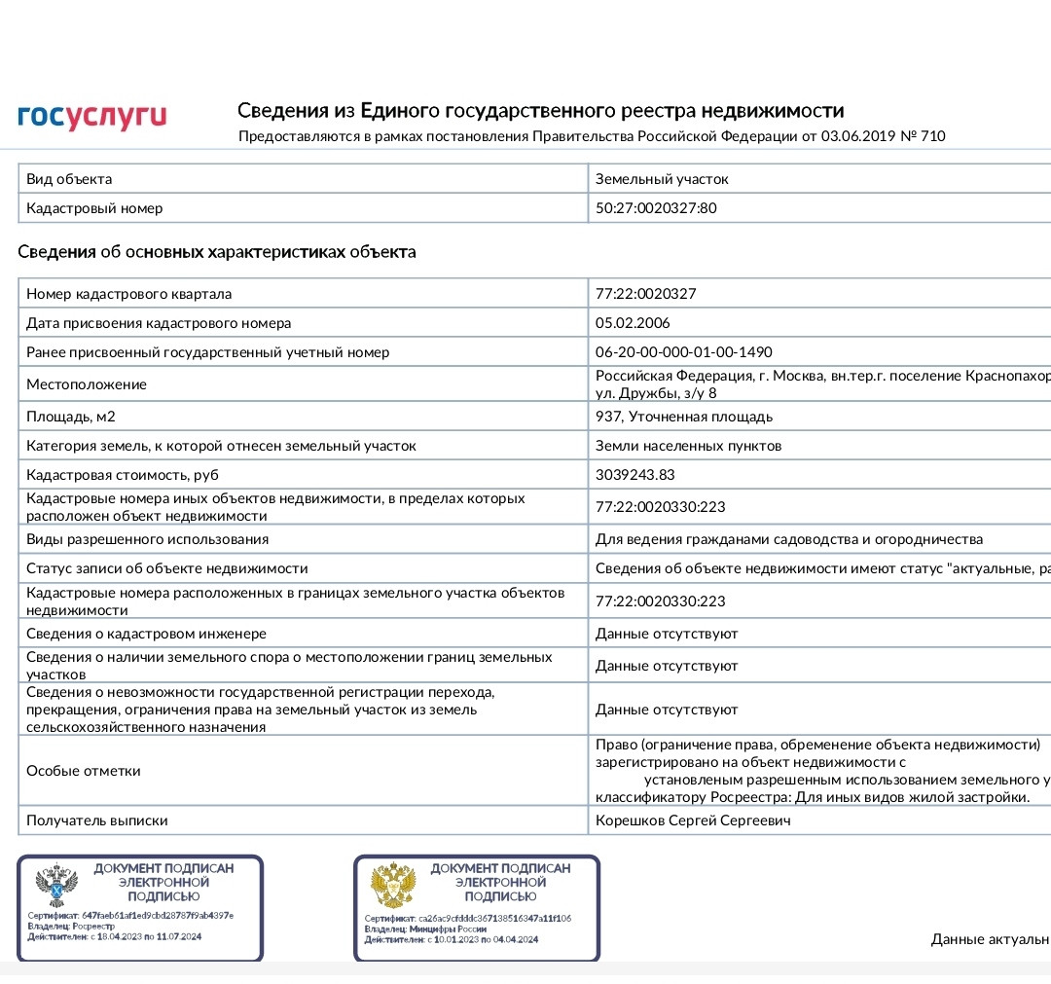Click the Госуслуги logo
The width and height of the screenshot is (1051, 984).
tap(92, 117)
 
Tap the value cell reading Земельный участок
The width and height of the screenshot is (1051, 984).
tap(662, 179)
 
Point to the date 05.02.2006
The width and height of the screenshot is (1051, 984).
tap(633, 323)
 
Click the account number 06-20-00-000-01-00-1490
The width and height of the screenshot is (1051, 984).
tap(683, 352)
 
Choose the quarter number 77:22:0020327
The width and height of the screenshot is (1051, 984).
tap(646, 294)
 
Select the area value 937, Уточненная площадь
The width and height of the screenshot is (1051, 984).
tap(684, 417)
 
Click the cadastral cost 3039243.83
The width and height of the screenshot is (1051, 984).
tap(635, 475)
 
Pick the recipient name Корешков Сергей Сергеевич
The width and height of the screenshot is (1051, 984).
tap(693, 820)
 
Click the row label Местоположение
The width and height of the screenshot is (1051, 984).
tap(87, 384)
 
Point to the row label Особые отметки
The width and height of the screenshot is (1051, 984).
tap(84, 771)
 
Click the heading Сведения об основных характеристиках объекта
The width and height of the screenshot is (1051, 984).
tap(217, 253)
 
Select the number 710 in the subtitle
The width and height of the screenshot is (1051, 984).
tap(931, 136)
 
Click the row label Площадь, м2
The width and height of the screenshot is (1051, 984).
tap(71, 417)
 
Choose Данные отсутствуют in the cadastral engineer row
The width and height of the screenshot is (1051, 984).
tap(667, 634)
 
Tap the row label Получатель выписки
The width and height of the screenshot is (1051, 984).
tap(97, 820)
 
